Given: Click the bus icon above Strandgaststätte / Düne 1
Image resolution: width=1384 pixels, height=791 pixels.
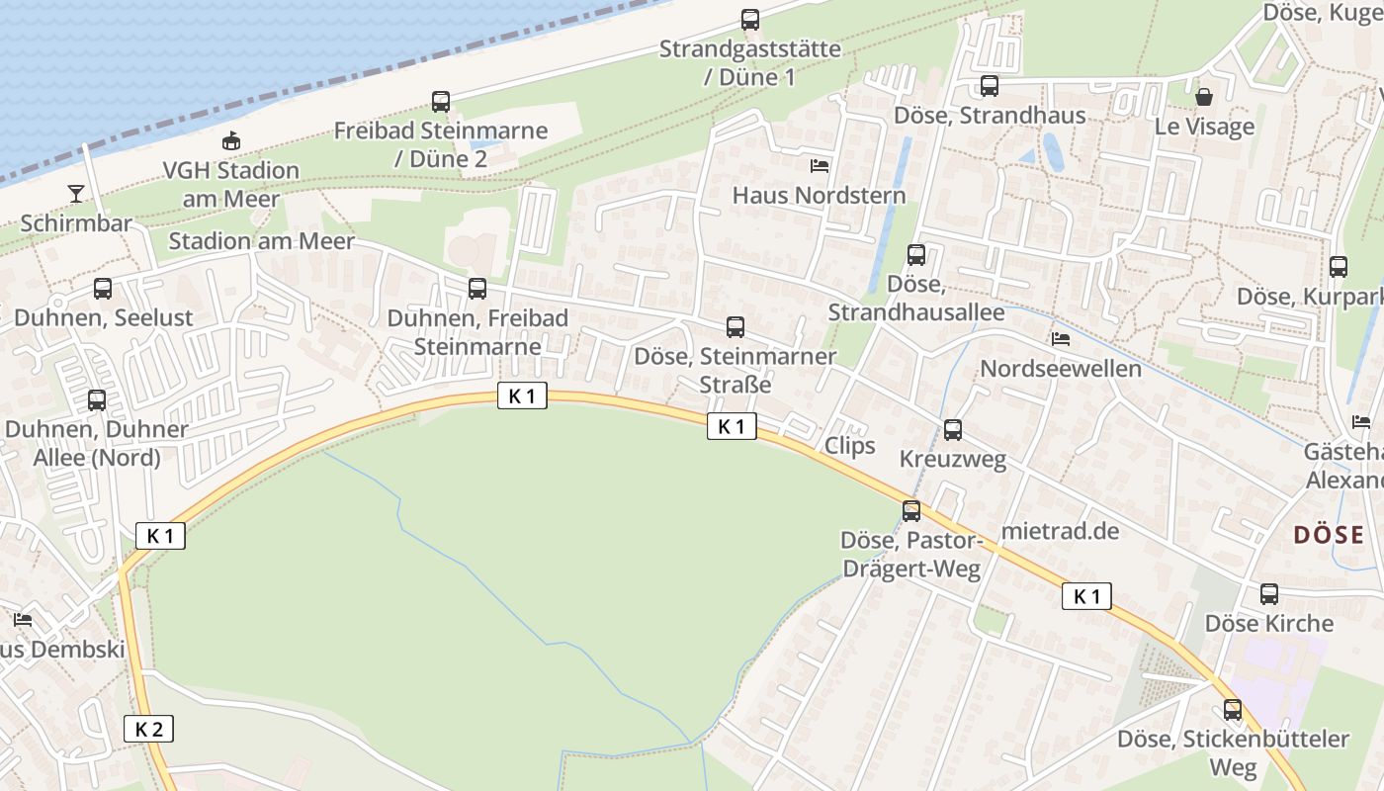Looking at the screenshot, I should (750, 19).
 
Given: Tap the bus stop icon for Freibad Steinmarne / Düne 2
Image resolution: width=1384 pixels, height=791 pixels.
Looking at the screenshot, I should (441, 101).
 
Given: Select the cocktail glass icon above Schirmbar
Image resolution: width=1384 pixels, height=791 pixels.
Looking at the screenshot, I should (76, 193).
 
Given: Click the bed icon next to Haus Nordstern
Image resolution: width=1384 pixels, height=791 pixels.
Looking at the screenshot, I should (820, 165).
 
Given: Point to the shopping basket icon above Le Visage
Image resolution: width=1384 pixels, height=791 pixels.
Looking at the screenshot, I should (1204, 96).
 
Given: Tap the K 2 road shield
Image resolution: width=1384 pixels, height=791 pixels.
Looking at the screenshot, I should (148, 730).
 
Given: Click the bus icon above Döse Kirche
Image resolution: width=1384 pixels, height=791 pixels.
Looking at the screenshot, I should (1269, 594).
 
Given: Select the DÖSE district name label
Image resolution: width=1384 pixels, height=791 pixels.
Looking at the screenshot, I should (1329, 535).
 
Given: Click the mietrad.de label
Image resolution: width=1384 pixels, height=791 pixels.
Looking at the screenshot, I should (1060, 531).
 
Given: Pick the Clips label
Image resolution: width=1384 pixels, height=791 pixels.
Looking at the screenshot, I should (850, 445).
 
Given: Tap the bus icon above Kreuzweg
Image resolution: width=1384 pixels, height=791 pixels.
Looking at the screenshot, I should (953, 430).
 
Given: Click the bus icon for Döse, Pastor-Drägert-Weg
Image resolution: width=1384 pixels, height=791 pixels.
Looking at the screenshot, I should (911, 511).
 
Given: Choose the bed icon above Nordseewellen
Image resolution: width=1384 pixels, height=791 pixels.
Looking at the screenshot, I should (1061, 339).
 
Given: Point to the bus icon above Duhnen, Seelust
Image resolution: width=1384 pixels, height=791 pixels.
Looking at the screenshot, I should (103, 289).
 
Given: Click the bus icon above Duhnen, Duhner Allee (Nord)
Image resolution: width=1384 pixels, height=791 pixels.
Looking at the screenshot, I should (97, 400).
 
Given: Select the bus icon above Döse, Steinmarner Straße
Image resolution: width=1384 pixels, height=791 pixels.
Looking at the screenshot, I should (735, 327).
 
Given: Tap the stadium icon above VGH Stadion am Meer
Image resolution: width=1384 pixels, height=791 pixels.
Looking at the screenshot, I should (231, 141).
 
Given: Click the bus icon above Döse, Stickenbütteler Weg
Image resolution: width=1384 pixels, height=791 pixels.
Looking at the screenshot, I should (1233, 710).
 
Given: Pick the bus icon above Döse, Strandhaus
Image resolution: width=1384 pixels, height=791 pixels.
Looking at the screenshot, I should (990, 86).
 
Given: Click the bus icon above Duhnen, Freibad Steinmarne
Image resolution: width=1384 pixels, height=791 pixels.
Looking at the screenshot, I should (477, 289).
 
